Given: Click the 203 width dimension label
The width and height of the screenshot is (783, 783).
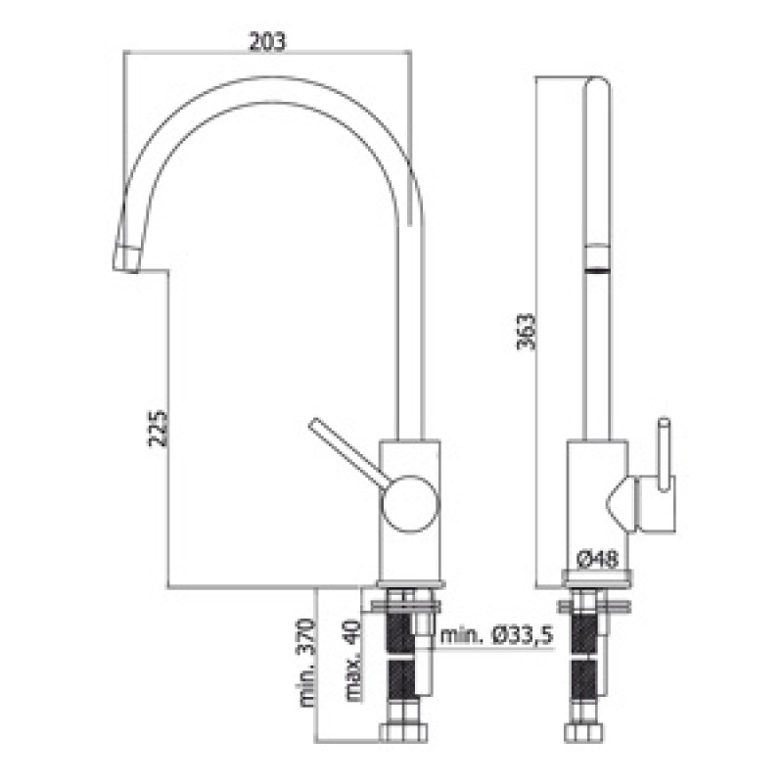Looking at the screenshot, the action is pos(267,41).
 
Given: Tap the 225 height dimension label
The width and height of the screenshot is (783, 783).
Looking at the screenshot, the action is pos(158,428).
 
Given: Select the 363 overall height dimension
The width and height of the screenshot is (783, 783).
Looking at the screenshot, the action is pos(526,331).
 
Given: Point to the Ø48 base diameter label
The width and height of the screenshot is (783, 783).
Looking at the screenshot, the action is pos(597,559).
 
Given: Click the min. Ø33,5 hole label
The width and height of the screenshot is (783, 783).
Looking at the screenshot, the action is pos(497,635).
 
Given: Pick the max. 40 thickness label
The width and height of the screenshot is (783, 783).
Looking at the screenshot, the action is pos(352,661).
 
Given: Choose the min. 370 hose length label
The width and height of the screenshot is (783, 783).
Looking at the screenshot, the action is pos(306,663).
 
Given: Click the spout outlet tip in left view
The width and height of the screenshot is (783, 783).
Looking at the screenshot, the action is pos(126,259).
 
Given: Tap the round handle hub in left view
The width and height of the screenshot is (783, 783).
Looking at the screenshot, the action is pos(409,503).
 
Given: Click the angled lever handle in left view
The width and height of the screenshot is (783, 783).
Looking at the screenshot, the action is pos(345,452).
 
